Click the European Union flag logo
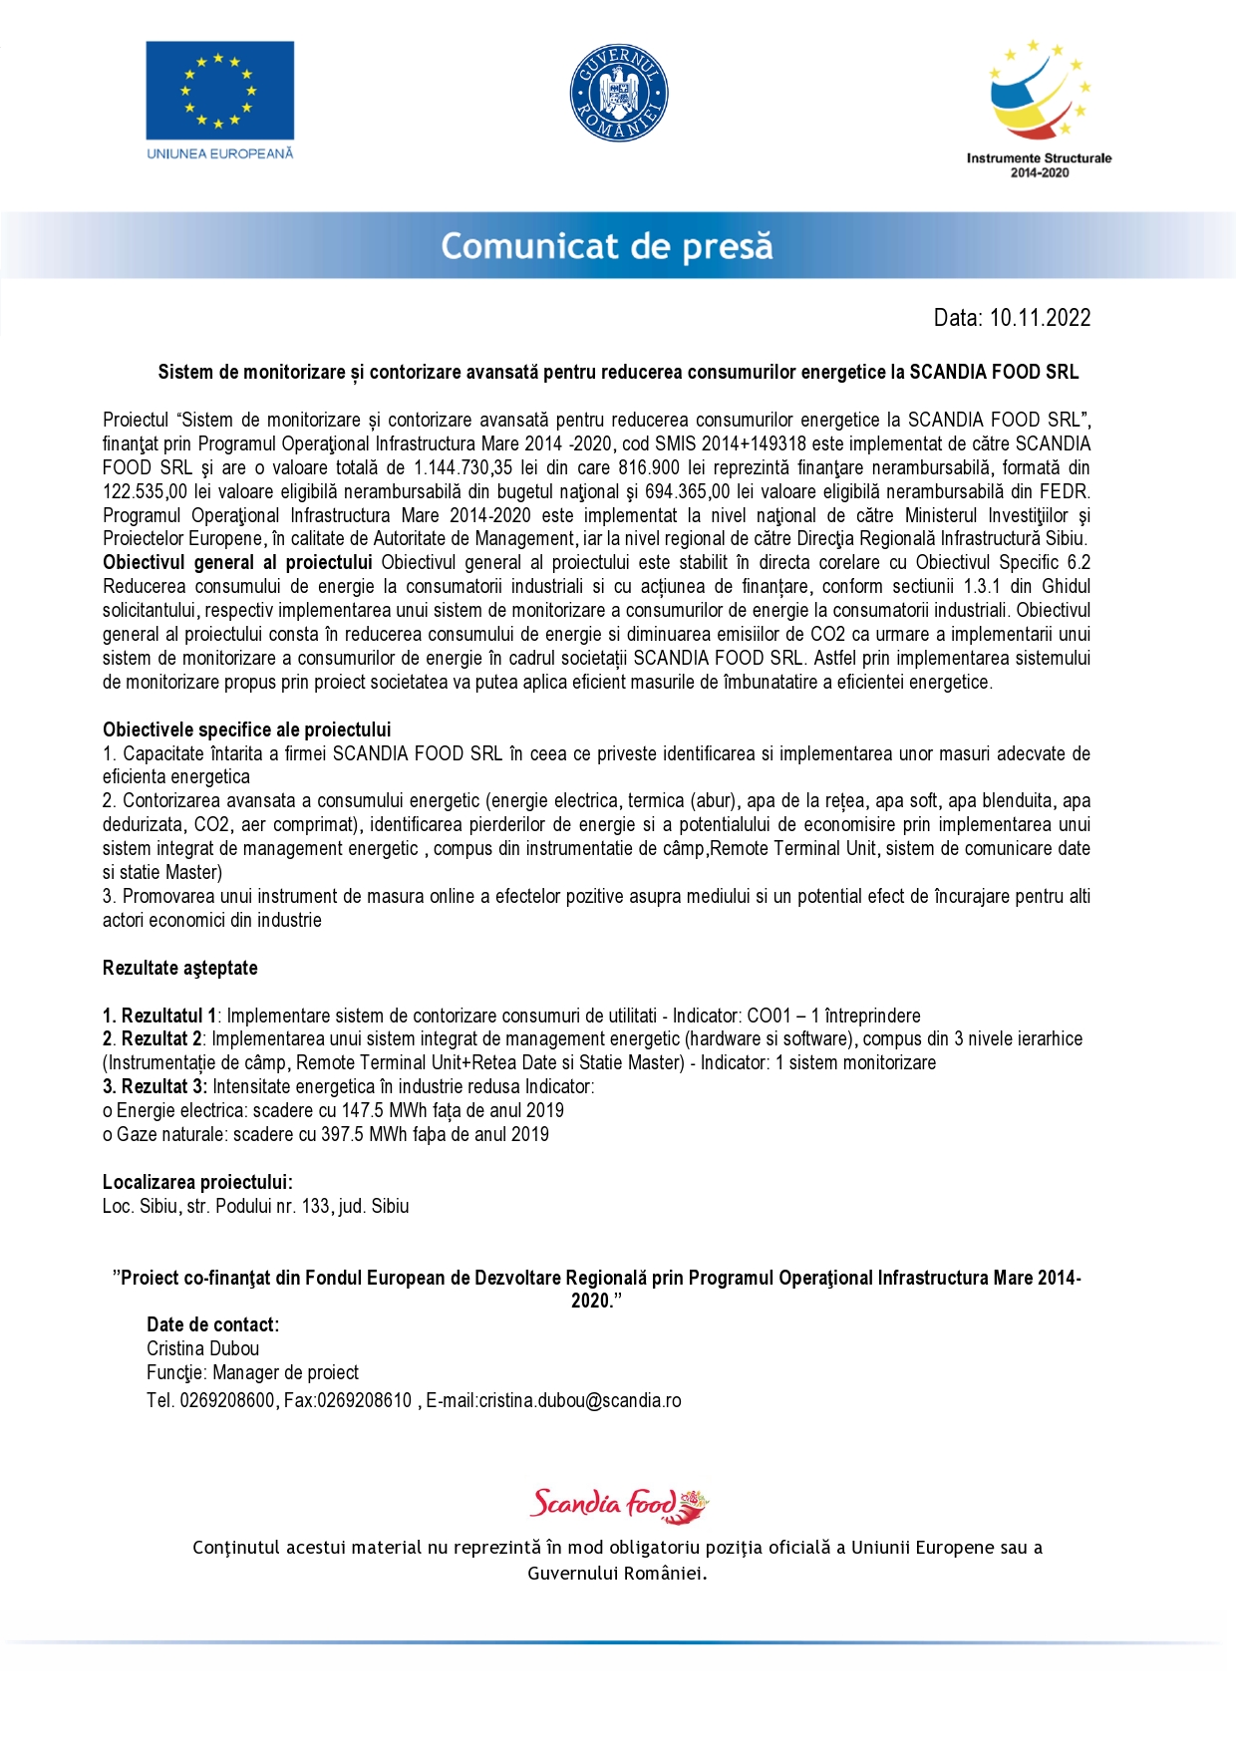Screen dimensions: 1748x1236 (219, 91)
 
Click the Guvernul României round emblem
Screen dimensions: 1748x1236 (618, 93)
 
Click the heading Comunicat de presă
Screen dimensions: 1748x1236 (607, 246)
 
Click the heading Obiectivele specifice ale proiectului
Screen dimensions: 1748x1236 (247, 729)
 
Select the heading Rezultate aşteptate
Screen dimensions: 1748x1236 (180, 968)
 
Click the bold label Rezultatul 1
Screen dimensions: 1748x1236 (159, 1016)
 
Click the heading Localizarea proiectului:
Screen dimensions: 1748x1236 (197, 1182)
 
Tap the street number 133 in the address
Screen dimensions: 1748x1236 (315, 1206)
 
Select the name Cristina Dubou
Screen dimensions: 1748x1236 (203, 1348)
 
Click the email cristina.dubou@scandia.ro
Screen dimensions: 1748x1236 (580, 1400)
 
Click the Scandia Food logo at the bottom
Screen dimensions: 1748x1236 (618, 1503)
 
